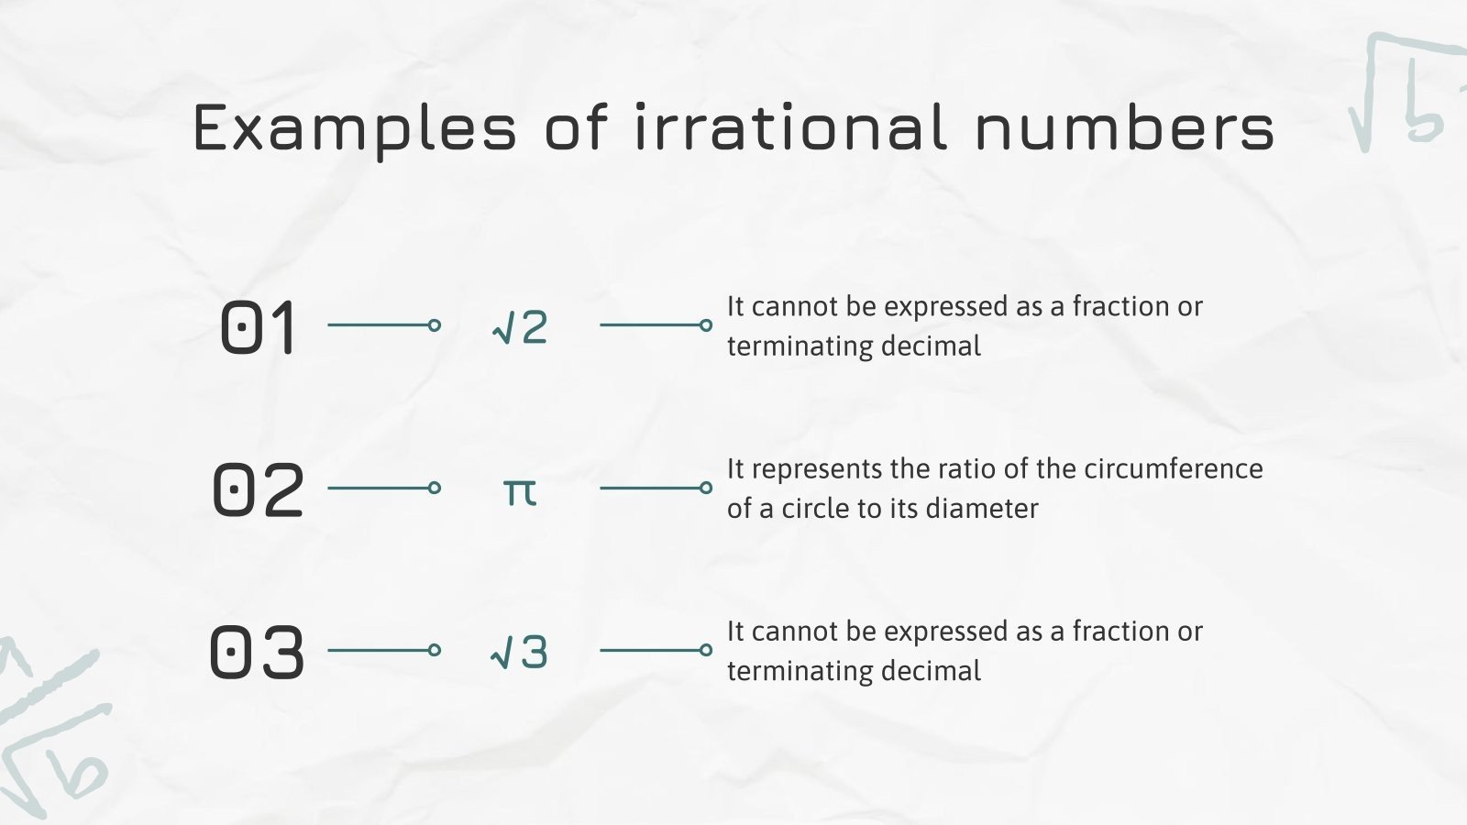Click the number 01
coord(259,327)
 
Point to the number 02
coord(258,490)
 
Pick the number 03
coord(257,653)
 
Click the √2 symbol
coord(520,327)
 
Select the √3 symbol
coord(520,653)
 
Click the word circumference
coord(1174,469)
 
